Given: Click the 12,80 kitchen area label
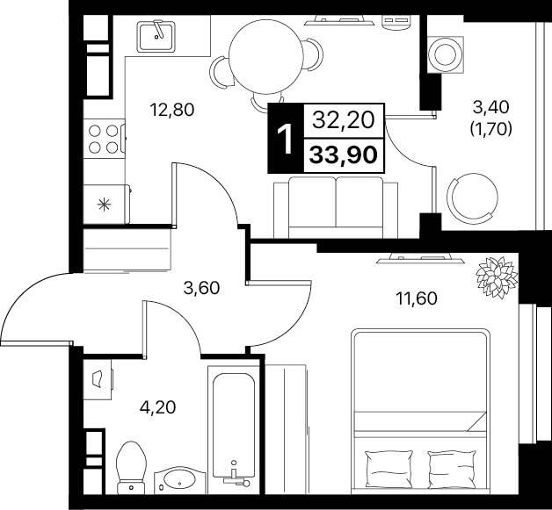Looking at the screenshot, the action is coord(171,110).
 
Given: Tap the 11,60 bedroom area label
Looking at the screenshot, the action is coord(417,298).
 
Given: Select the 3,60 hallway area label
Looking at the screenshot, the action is coord(201,288).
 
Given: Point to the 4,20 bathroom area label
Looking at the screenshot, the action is coord(157,407).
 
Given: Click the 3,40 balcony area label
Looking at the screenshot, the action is coord(490,108).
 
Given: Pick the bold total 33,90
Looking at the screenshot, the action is coord(343,155).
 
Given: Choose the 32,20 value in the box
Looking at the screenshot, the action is coord(343,120).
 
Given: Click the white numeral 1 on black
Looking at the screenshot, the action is coord(285,139).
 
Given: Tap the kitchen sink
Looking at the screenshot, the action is coord(156,37).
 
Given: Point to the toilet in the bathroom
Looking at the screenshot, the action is coord(131,468).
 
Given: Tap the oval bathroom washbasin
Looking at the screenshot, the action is coord(180,479).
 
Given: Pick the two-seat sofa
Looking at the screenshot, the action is coord(336,207).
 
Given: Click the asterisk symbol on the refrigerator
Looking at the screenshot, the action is coord(105,205).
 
